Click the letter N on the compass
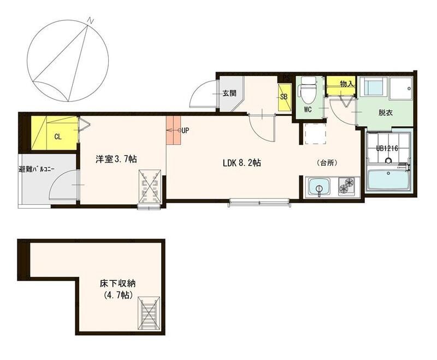91,20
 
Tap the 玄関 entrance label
229,93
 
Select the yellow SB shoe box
284,97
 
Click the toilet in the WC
308,89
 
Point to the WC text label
308,110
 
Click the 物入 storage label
347,84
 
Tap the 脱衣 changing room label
386,113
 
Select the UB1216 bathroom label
387,148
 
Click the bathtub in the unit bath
389,180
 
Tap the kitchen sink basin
318,187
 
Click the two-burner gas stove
346,186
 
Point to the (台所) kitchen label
327,163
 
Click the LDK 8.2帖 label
242,163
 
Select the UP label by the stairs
185,131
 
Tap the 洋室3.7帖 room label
116,159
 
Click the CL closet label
58,137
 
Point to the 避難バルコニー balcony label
36,169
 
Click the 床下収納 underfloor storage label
118,284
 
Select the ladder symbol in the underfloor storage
149,314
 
